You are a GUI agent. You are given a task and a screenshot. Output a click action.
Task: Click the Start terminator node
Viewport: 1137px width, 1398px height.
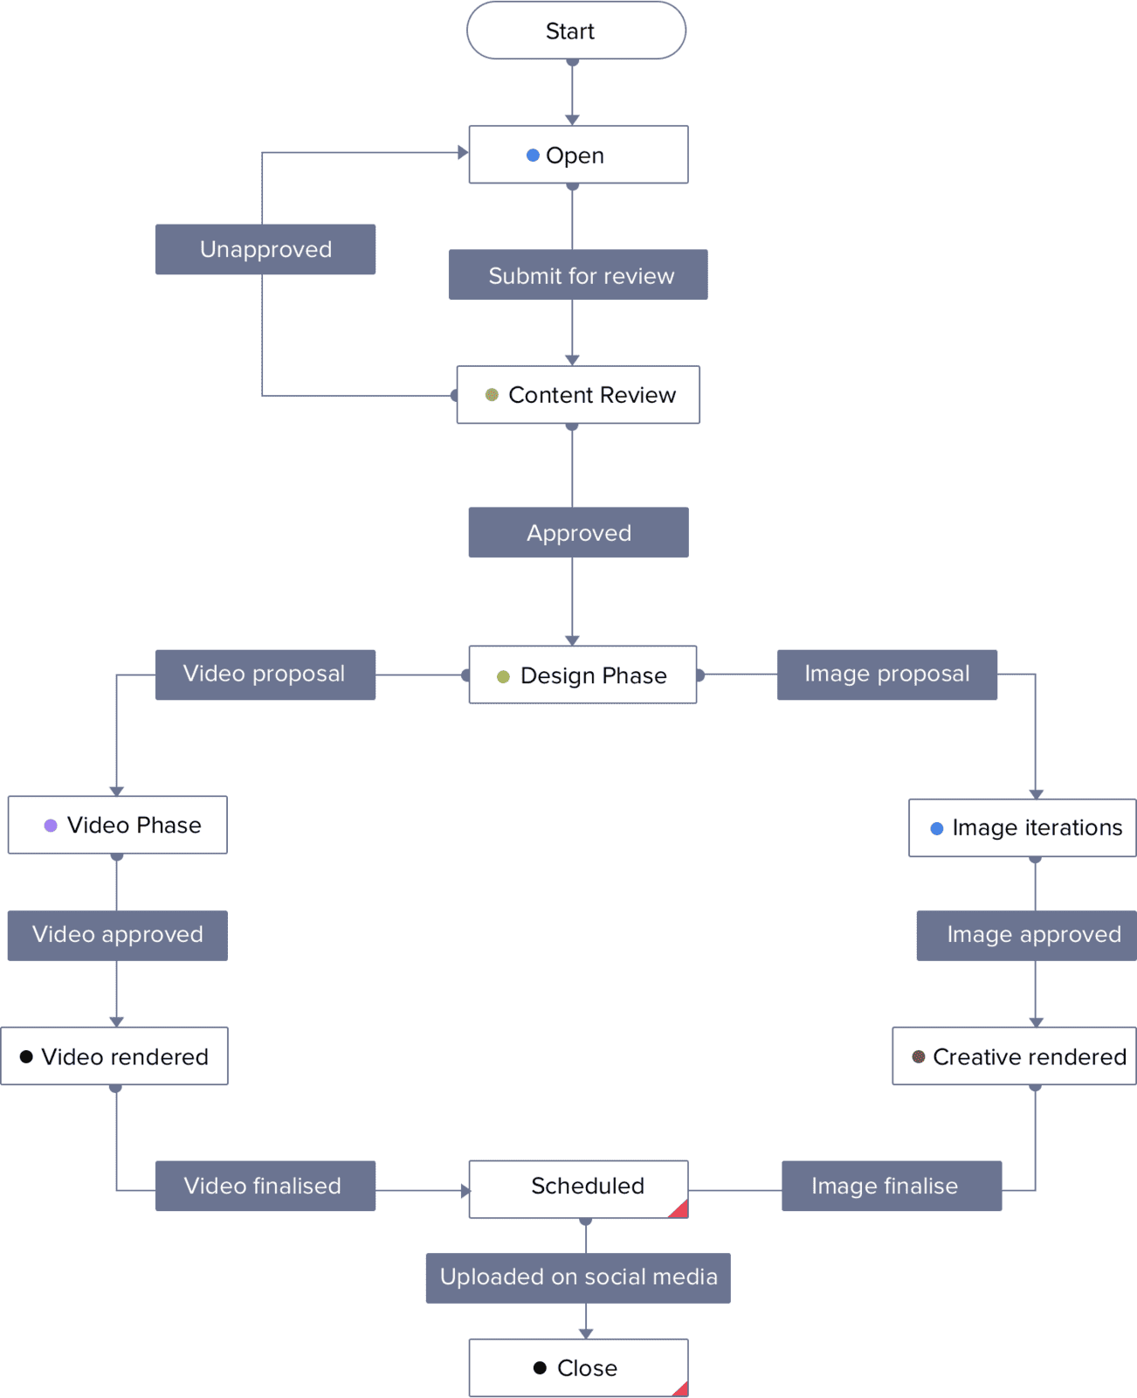point(576,31)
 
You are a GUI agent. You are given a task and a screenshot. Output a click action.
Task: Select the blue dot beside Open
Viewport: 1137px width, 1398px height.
point(533,155)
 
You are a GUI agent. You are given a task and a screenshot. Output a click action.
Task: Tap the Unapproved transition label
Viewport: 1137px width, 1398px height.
point(265,249)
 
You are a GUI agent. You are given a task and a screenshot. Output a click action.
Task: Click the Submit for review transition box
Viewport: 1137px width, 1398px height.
point(578,274)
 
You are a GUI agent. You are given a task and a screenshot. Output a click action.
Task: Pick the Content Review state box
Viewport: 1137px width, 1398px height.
point(578,394)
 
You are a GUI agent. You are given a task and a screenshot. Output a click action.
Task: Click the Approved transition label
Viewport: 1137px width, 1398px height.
point(579,532)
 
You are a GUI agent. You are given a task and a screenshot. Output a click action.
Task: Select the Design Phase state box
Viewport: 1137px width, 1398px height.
point(582,675)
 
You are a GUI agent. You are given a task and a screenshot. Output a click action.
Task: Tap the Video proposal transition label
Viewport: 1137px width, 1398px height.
point(265,675)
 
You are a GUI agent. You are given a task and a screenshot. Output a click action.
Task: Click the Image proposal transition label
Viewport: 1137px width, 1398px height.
point(887,675)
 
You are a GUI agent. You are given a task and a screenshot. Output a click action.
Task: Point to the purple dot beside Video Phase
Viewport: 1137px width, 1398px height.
point(51,825)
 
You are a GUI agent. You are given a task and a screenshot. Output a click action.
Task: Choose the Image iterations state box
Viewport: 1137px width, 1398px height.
point(1023,827)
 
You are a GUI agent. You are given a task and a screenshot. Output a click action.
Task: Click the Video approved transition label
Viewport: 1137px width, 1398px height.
point(117,935)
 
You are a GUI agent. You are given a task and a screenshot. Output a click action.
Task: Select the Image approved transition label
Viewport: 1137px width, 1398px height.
point(1027,935)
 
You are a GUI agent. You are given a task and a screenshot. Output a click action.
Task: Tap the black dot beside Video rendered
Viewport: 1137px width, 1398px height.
point(26,1056)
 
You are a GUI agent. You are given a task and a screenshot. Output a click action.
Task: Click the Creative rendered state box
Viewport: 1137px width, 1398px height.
point(1015,1056)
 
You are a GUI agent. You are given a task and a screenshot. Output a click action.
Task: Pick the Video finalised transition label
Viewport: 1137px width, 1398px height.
point(265,1186)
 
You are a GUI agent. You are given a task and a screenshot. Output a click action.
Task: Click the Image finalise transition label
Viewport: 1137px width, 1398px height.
point(892,1186)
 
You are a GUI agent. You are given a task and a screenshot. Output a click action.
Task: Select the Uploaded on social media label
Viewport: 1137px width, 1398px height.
point(578,1278)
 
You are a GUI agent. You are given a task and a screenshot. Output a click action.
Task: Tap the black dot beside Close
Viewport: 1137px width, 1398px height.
point(540,1367)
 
